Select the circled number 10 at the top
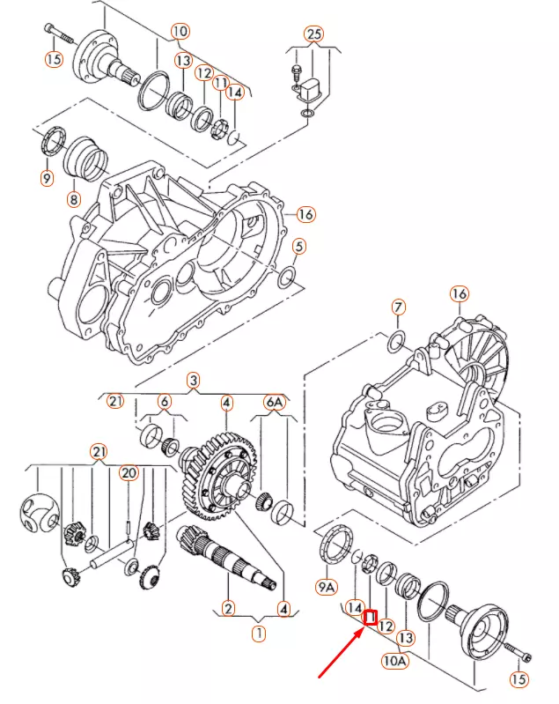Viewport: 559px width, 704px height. pos(180,33)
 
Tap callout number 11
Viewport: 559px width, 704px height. pos(221,82)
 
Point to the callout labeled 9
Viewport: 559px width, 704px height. pos(47,179)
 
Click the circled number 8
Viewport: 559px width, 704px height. pos(74,199)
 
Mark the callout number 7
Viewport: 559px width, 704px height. pos(399,308)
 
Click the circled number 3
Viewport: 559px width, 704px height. pos(194,381)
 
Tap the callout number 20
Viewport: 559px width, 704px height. pos(129,473)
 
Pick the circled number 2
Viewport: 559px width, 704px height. pos(228,607)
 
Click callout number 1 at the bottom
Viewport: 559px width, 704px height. pos(259,632)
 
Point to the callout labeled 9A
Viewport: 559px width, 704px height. pos(327,586)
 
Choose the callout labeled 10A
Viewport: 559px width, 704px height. pos(394,659)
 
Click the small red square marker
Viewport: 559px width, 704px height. pos(371,618)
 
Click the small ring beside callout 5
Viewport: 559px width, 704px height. pos(286,279)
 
